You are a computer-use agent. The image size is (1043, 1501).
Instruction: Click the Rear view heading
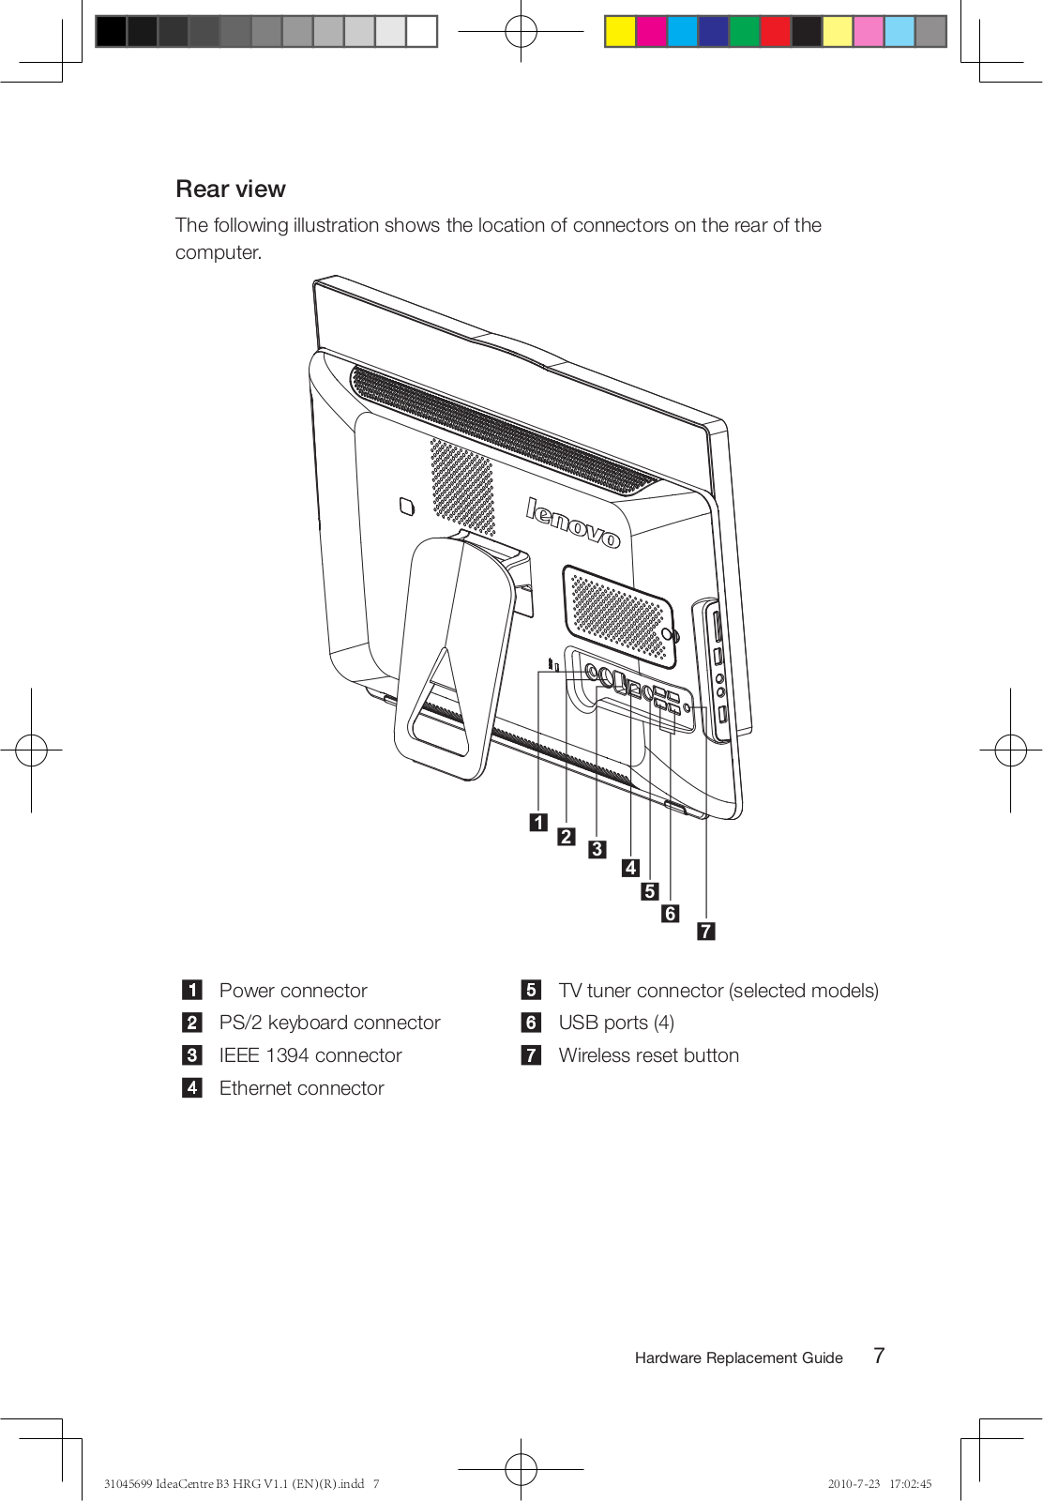click(231, 190)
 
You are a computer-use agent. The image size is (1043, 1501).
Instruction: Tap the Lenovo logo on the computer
click(572, 523)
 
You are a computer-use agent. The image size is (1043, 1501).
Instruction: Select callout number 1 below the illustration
click(538, 823)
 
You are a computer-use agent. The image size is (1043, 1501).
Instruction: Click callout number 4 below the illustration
click(631, 868)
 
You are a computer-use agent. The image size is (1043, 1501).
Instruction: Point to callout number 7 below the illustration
click(706, 931)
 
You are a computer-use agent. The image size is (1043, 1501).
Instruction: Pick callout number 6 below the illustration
click(670, 914)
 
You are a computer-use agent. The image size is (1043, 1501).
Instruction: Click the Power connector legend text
click(293, 991)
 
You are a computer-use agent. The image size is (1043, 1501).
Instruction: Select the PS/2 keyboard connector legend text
click(329, 1023)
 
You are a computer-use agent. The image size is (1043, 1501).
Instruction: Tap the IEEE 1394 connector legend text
click(310, 1055)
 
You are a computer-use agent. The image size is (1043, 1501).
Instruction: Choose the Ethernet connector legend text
click(301, 1088)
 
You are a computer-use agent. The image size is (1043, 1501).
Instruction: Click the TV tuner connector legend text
click(718, 991)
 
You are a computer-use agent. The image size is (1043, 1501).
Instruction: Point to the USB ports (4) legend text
click(616, 1023)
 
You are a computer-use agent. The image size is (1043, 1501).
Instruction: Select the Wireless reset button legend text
click(648, 1055)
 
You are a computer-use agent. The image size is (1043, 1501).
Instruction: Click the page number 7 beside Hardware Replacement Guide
click(879, 1356)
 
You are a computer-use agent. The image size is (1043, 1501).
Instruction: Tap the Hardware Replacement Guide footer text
click(738, 1357)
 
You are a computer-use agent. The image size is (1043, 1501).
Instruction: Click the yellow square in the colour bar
click(620, 32)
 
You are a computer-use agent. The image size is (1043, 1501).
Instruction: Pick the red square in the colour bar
click(775, 32)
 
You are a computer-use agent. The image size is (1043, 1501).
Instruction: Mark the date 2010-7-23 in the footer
click(854, 1484)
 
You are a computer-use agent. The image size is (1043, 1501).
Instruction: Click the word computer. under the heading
click(219, 253)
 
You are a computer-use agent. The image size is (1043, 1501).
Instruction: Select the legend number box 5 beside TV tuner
click(531, 990)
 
